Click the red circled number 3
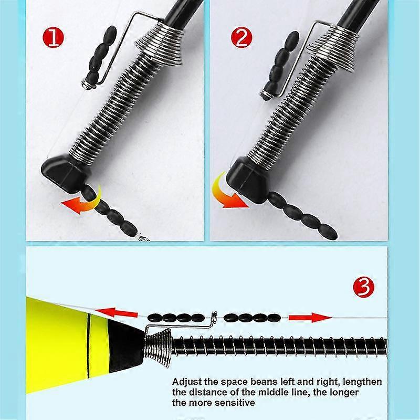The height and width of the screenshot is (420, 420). pos(363,287)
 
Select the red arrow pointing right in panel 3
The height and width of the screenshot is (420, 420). pos(310,317)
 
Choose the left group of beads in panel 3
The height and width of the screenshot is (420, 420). pos(175,317)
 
